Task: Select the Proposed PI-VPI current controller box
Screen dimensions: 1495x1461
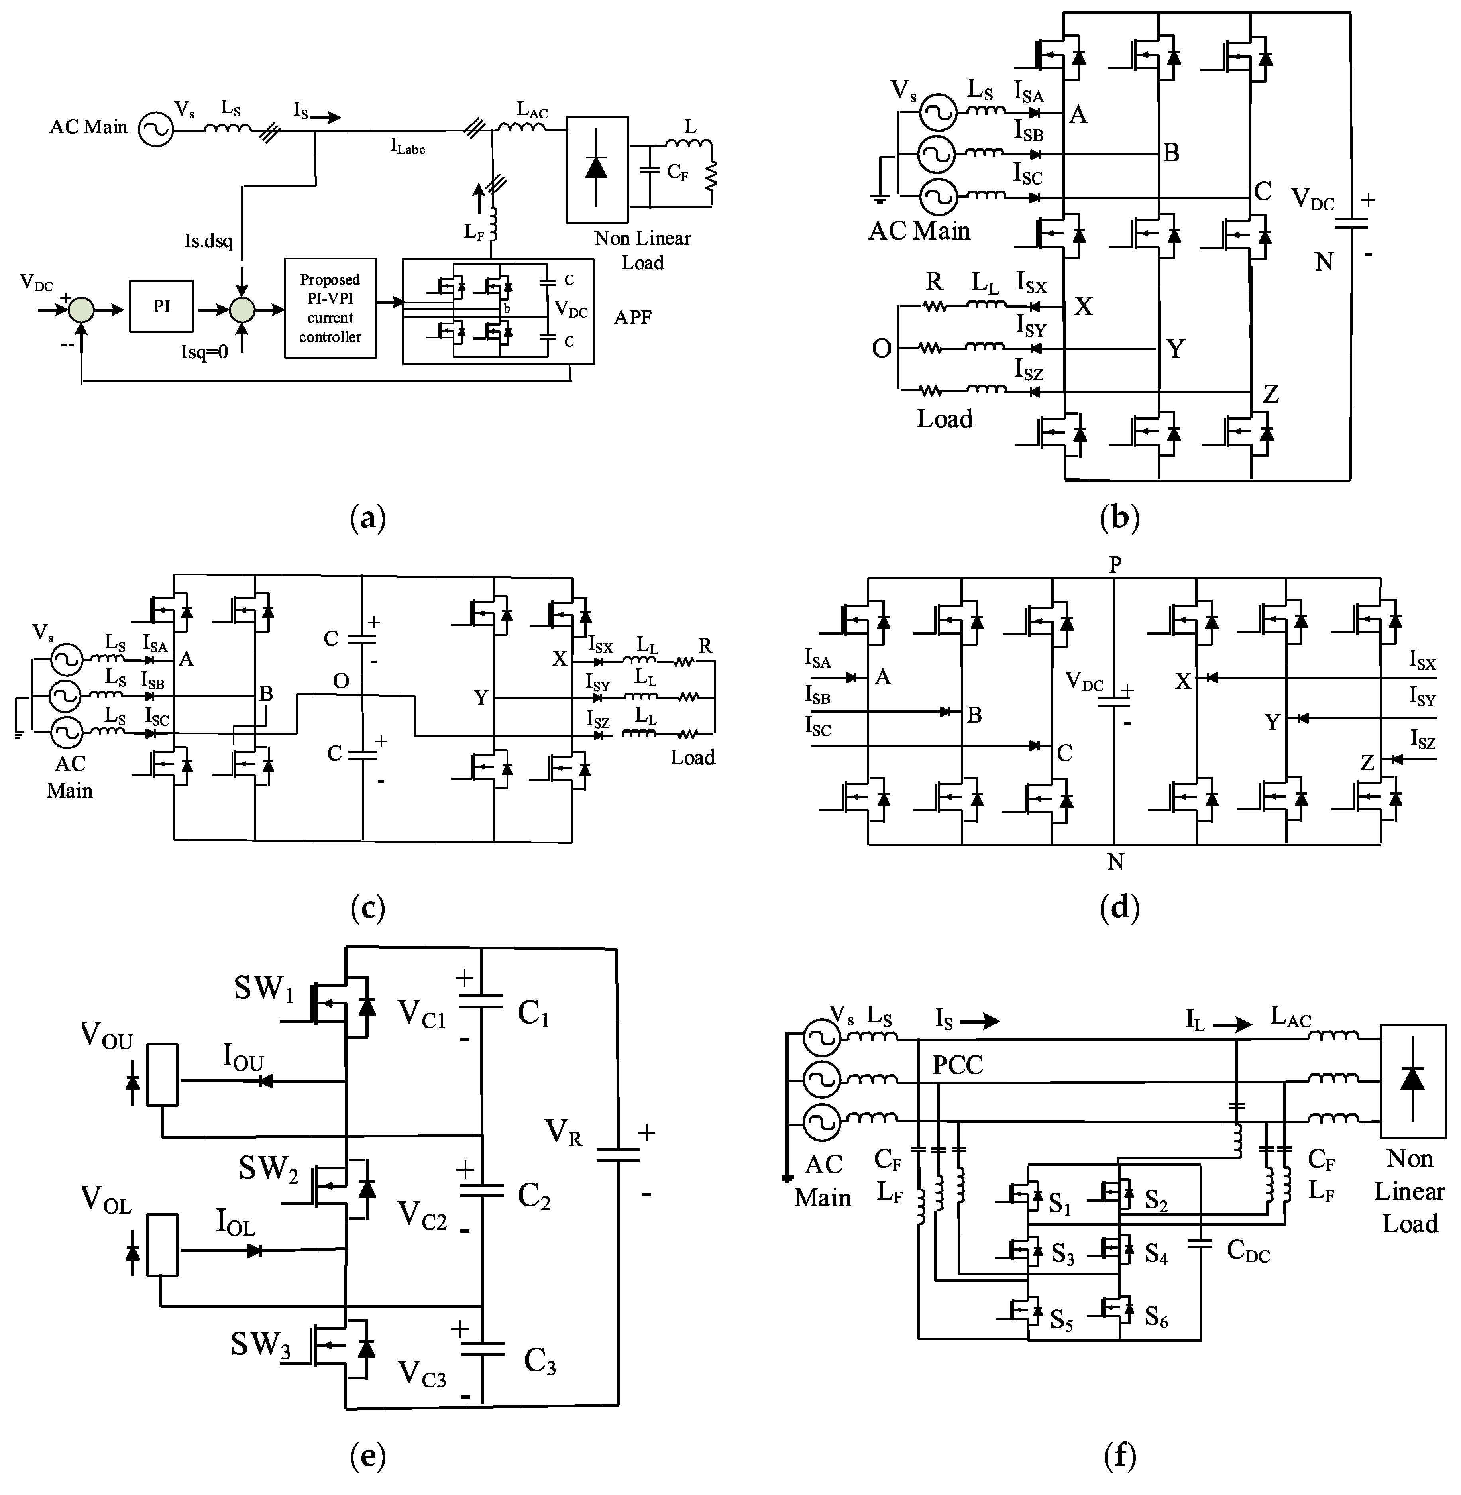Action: [x=330, y=308]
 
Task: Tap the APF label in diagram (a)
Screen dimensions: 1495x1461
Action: [x=632, y=317]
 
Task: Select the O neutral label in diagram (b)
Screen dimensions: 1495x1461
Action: [x=882, y=349]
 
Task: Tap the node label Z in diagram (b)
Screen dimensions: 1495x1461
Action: [x=1271, y=395]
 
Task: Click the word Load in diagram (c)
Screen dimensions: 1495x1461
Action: [x=692, y=758]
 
